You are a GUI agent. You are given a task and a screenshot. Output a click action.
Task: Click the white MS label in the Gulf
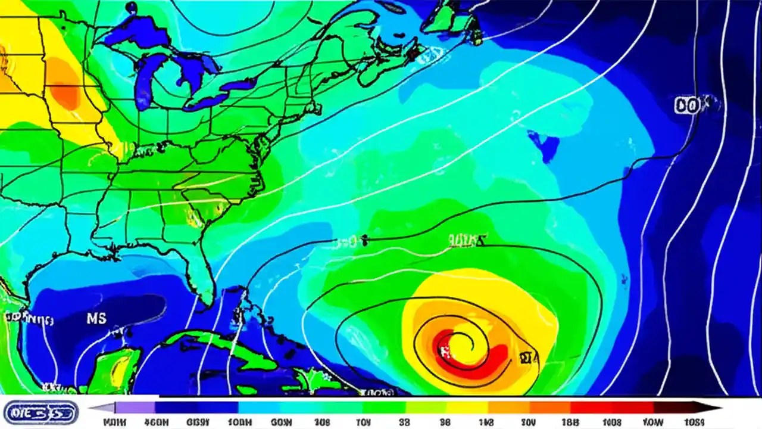(x=96, y=318)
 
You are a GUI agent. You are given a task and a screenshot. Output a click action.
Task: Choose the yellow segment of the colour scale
(x=464, y=408)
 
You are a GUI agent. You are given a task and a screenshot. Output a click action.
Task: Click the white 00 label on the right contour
(x=688, y=106)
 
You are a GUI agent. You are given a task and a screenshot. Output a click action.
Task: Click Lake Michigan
(x=143, y=83)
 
